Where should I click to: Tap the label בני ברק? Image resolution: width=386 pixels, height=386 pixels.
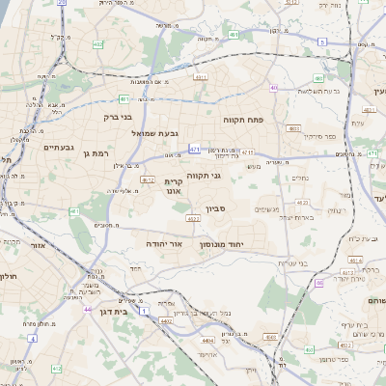pyautogui.click(x=116, y=117)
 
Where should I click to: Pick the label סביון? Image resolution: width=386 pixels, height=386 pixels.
pyautogui.click(x=216, y=207)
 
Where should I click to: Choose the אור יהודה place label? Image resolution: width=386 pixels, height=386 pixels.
pyautogui.click(x=163, y=245)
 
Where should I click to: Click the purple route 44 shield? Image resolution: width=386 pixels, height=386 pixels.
pyautogui.click(x=87, y=309)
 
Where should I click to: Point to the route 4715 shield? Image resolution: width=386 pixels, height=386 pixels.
pyautogui.click(x=247, y=152)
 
